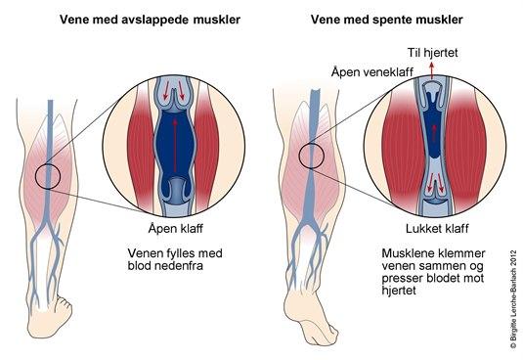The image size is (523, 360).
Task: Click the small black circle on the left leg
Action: [x=48, y=177]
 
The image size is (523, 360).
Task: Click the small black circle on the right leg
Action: [x=313, y=155]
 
